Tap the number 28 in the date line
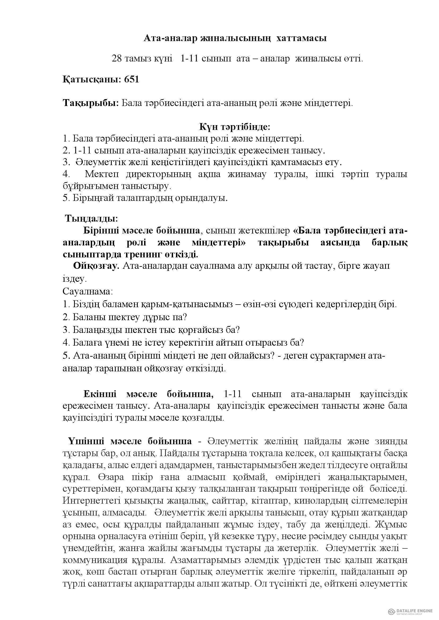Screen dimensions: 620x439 (x=117, y=59)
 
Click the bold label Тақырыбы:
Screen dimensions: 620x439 (x=91, y=103)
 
